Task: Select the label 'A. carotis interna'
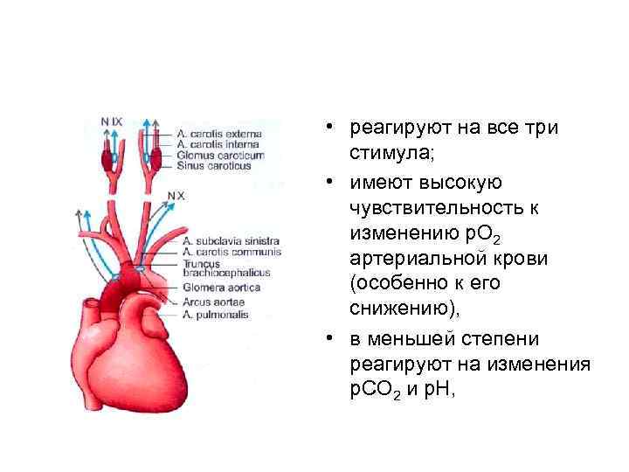(218, 144)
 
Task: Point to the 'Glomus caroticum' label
(219, 155)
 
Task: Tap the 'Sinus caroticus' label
(213, 165)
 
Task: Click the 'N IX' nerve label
(111, 121)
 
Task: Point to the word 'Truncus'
(203, 261)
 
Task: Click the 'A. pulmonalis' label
(216, 313)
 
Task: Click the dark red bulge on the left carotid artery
(107, 161)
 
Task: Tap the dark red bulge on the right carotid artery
(156, 160)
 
